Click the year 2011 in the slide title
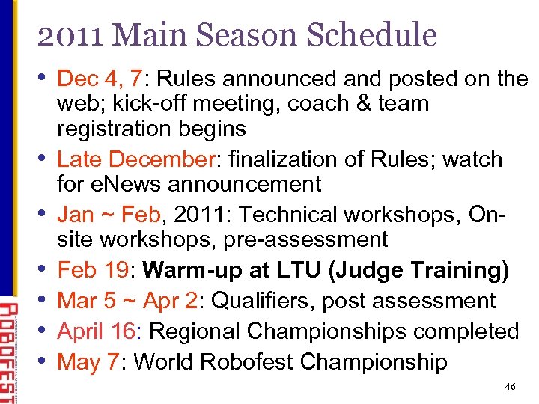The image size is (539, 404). tap(68, 35)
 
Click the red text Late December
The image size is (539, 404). tap(136, 159)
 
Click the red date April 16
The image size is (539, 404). tap(101, 331)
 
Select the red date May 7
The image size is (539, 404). tap(88, 362)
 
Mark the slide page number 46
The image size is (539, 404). tap(511, 387)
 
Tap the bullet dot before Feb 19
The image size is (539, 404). tap(46, 269)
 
